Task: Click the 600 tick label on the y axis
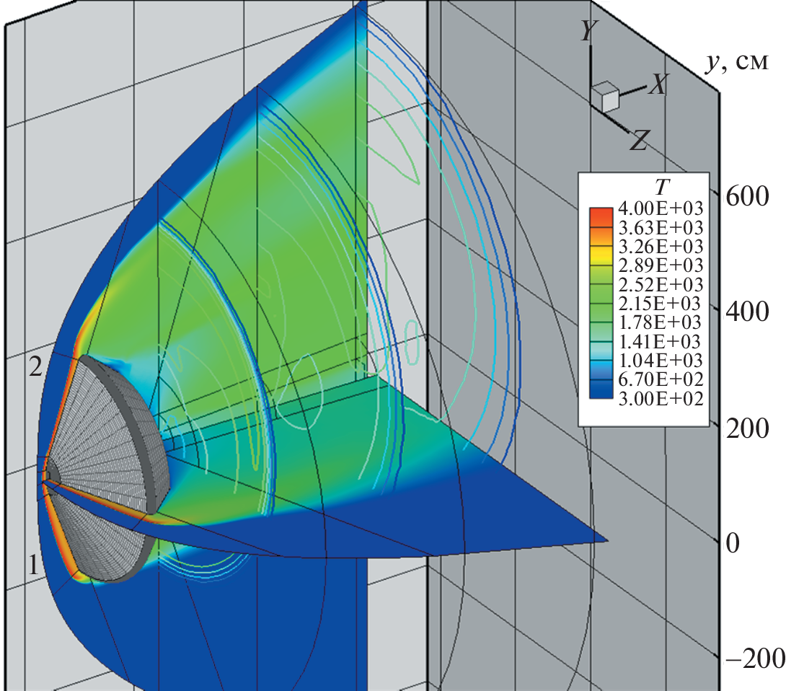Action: pos(747,196)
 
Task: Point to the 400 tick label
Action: pos(747,312)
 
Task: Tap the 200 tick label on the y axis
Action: pos(747,428)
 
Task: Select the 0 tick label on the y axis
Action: pos(733,543)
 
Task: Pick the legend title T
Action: pos(662,187)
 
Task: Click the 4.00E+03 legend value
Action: pos(661,208)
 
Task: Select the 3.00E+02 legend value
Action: pos(661,399)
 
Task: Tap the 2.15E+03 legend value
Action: pos(661,304)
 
